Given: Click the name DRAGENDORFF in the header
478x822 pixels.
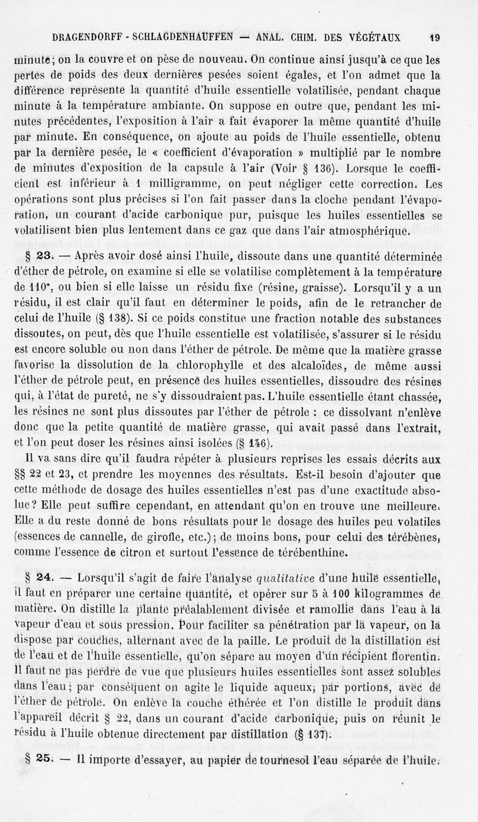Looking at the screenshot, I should point(85,36).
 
